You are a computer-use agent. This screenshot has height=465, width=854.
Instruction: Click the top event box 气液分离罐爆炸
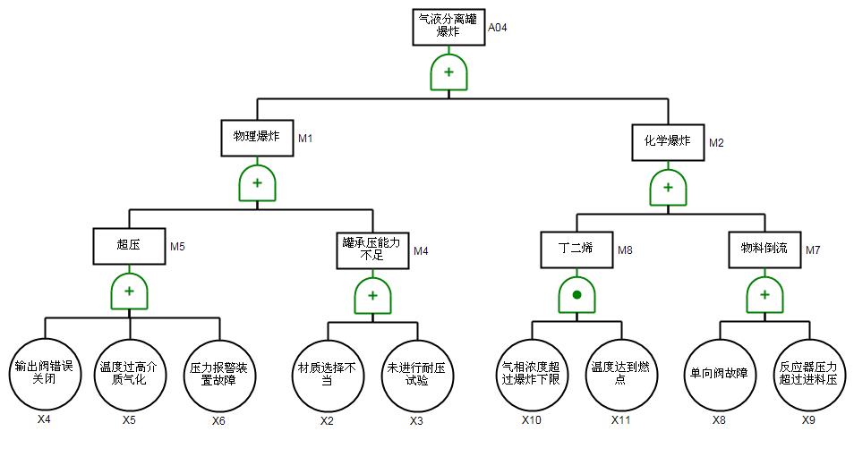tap(448, 27)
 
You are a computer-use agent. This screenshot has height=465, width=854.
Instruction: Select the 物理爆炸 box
tap(257, 138)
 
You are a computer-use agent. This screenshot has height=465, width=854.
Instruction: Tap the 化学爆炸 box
tap(667, 141)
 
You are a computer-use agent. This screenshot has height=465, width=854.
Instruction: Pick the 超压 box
tap(129, 246)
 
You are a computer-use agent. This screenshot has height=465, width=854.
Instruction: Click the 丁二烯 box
tap(576, 249)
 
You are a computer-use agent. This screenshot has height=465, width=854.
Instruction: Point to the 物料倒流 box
tap(764, 249)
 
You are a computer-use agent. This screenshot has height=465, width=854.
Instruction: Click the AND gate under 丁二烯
tap(576, 294)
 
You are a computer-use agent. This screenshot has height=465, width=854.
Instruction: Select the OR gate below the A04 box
tap(448, 72)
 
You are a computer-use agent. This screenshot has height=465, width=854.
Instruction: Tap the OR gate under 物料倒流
tap(764, 294)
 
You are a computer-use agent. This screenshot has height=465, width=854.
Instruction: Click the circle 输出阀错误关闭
tap(43, 373)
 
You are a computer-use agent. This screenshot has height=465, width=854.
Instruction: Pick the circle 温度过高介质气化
tap(130, 373)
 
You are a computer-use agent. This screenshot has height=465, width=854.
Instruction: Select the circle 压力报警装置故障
tap(218, 373)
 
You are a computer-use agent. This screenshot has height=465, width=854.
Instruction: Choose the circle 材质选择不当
tap(328, 373)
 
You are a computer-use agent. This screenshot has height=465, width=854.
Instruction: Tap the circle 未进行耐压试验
tap(417, 373)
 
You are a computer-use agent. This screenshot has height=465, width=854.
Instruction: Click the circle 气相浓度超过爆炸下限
tap(533, 373)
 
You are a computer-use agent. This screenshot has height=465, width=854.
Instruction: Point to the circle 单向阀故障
tap(719, 373)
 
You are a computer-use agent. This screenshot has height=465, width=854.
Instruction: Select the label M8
tap(625, 250)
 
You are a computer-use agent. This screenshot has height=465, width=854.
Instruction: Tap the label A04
tap(498, 28)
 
